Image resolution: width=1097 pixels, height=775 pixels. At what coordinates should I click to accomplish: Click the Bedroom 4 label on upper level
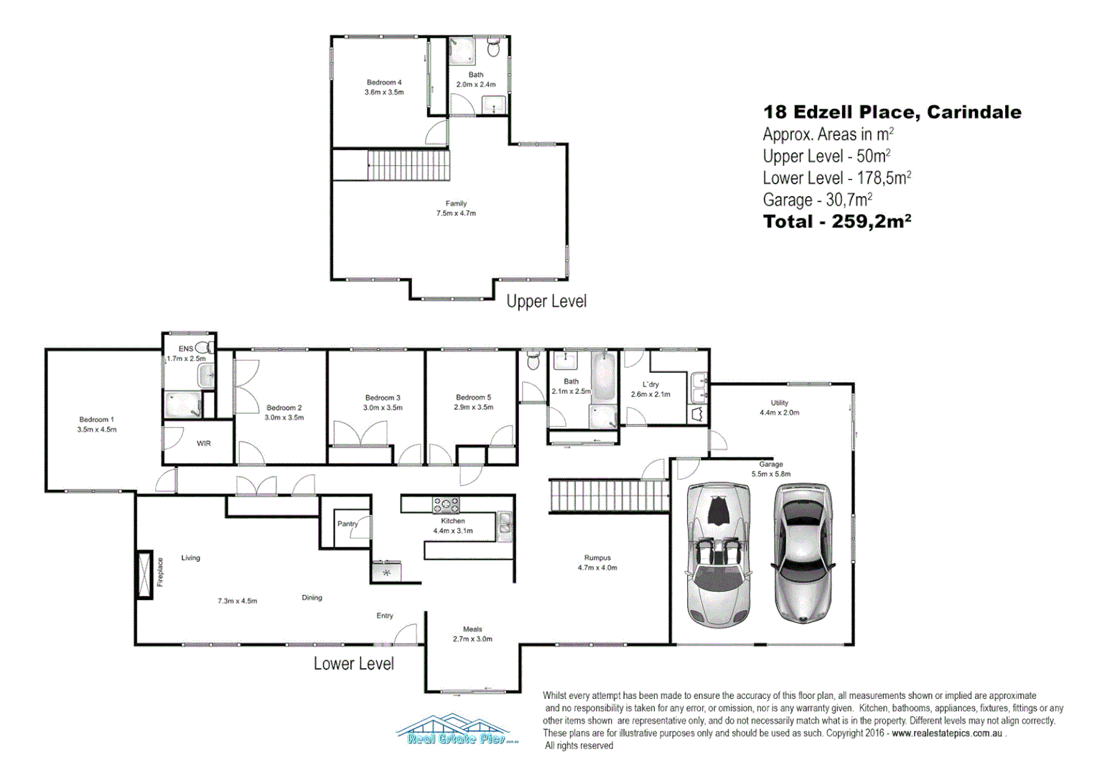point(384,83)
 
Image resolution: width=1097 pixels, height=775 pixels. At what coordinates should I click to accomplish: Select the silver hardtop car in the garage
point(803,551)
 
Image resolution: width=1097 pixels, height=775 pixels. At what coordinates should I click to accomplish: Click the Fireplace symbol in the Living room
point(145,574)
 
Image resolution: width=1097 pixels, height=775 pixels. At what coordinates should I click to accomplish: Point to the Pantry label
point(347,524)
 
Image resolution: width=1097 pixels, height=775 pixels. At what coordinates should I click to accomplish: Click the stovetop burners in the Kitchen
point(445,504)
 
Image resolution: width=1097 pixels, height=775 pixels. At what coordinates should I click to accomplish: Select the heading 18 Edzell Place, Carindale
point(892,112)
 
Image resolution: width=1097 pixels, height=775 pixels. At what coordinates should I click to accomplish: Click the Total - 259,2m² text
point(836,222)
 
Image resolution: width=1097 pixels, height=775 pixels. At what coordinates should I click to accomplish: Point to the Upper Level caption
point(546,301)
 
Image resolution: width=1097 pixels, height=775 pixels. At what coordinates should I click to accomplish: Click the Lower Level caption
point(353,664)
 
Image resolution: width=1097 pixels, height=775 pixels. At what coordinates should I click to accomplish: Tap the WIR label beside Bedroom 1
point(204,443)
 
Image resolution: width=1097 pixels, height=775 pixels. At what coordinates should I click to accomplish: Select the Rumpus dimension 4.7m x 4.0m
point(597,568)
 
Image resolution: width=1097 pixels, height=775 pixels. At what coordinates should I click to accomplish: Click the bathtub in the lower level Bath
point(604,377)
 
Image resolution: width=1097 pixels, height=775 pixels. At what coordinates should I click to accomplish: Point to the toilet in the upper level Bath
point(493,48)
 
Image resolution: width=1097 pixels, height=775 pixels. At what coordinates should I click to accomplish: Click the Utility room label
point(779,403)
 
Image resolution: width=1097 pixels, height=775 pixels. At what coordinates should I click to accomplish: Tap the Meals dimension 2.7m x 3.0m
point(472,639)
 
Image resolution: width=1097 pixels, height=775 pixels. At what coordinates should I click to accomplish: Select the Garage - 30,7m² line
point(817,200)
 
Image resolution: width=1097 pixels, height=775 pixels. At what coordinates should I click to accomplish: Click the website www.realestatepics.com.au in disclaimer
point(947,733)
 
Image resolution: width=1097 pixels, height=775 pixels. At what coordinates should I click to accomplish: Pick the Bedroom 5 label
point(473,398)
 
